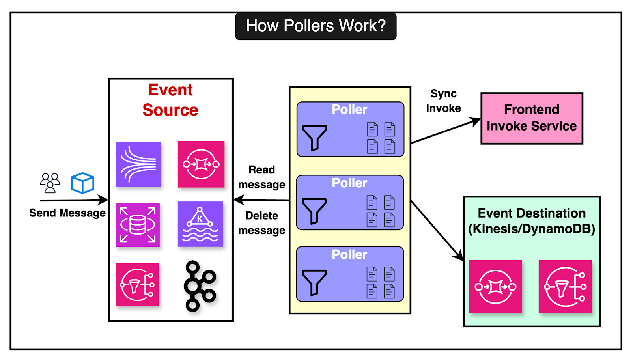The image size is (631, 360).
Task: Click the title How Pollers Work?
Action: tap(315, 26)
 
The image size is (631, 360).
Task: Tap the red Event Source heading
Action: tap(170, 100)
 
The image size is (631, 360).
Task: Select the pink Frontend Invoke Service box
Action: tap(532, 118)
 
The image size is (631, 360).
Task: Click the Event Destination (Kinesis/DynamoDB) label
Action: tap(532, 221)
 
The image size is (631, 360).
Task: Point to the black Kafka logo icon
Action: tap(200, 286)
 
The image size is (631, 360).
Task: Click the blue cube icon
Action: tap(82, 183)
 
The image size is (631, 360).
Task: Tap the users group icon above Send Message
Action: tap(50, 183)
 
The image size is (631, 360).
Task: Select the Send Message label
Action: tap(67, 213)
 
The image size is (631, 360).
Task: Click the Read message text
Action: tap(261, 177)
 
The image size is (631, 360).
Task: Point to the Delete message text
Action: tap(261, 223)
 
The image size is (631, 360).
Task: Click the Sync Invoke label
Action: tap(443, 101)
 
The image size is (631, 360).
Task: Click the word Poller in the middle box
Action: tap(349, 183)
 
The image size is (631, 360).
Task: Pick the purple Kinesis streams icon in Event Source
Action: tap(138, 164)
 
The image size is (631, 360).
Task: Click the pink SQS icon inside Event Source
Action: tap(201, 164)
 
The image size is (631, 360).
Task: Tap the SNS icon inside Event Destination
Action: tap(565, 287)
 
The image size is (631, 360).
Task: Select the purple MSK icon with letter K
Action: tap(200, 224)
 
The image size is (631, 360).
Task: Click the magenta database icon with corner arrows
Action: tap(138, 225)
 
